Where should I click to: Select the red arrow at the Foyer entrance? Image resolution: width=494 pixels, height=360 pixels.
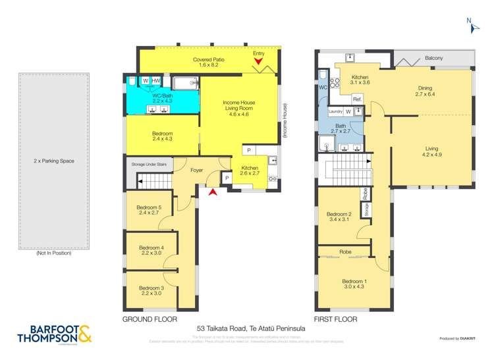click(212, 192)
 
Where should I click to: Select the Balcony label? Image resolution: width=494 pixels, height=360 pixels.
click(433, 59)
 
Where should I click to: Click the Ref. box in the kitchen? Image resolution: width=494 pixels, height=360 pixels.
click(358, 99)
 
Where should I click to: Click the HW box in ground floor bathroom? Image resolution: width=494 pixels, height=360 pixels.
click(155, 81)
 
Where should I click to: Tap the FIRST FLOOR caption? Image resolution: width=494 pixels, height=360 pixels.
click(335, 319)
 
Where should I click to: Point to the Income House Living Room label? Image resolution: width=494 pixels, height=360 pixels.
click(238, 107)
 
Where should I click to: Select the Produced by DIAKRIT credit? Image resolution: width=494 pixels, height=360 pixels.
click(457, 338)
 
